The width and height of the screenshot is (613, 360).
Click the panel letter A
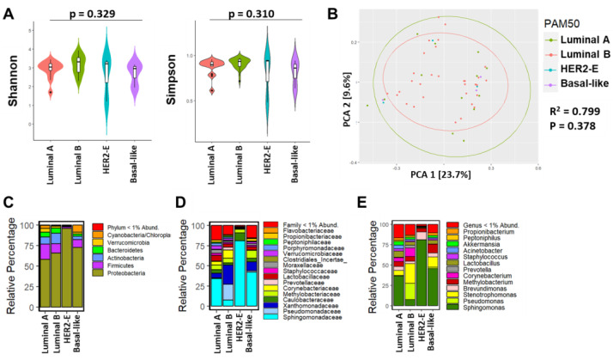12,11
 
